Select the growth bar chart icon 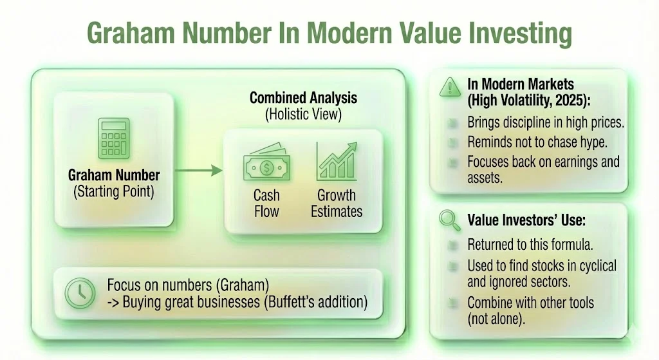coord(336,161)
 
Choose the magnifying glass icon coord(449,220)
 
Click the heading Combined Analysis coord(303,99)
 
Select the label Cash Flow coord(266,203)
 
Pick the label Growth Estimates coord(337,203)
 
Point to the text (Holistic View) coord(303,115)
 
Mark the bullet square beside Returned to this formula coord(455,245)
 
